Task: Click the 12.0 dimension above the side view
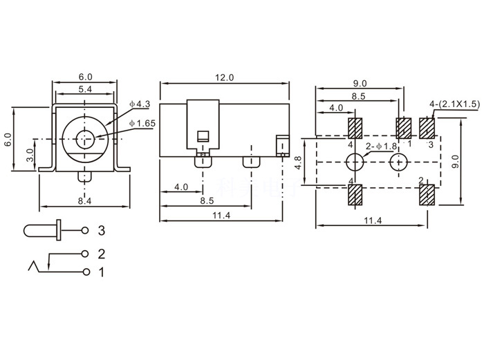click(224, 77)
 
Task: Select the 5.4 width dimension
click(85, 91)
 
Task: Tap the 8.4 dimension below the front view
click(84, 200)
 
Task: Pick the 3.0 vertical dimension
click(30, 153)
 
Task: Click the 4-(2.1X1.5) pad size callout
click(453, 104)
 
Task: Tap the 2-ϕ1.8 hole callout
click(382, 146)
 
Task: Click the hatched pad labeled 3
click(427, 129)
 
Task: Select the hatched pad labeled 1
click(404, 129)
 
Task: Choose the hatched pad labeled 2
click(427, 196)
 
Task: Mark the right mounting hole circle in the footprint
click(399, 162)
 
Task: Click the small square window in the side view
click(203, 135)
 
